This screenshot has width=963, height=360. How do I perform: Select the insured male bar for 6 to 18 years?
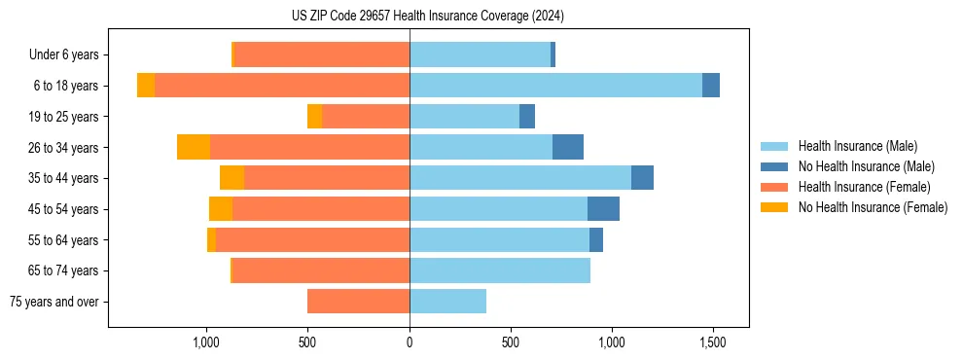[555, 86]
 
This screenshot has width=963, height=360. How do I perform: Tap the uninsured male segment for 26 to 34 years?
[568, 147]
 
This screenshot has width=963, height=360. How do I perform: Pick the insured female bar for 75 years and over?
[358, 301]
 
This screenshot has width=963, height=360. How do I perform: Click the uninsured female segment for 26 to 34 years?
[194, 147]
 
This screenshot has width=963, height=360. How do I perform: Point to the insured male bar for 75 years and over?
[447, 301]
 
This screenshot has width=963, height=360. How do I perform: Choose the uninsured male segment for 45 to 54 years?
[603, 208]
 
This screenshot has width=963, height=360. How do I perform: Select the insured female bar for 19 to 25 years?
[366, 117]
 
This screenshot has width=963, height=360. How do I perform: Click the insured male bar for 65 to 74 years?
[500, 270]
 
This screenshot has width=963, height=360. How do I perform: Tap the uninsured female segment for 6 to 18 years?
[146, 86]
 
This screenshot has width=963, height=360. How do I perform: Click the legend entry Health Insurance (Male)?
[857, 146]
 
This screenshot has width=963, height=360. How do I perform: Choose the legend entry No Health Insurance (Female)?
[873, 207]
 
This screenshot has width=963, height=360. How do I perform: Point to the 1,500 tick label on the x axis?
[713, 343]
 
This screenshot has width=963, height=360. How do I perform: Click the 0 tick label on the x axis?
[410, 343]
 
